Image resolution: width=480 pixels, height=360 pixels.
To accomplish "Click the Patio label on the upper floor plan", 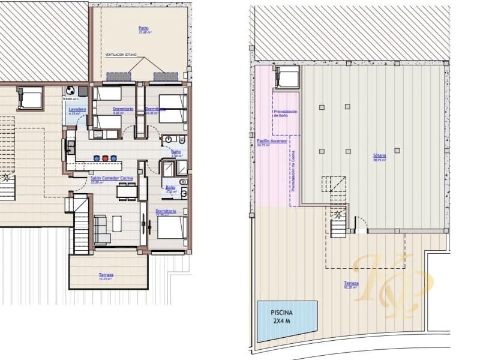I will click(x=143, y=28).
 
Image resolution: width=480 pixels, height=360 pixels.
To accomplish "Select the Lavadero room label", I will click(x=77, y=109).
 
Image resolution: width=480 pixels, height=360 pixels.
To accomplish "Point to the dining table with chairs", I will click(x=125, y=191).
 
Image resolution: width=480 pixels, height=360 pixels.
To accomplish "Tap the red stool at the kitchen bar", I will click(x=106, y=158).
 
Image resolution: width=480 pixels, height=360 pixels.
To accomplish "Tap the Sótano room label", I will click(x=379, y=155).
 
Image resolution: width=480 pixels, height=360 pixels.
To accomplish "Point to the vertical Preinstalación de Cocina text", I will click(x=294, y=172).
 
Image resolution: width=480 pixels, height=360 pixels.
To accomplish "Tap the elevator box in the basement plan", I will click(x=287, y=77).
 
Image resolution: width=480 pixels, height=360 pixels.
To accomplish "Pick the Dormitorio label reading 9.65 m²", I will click(x=122, y=109).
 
